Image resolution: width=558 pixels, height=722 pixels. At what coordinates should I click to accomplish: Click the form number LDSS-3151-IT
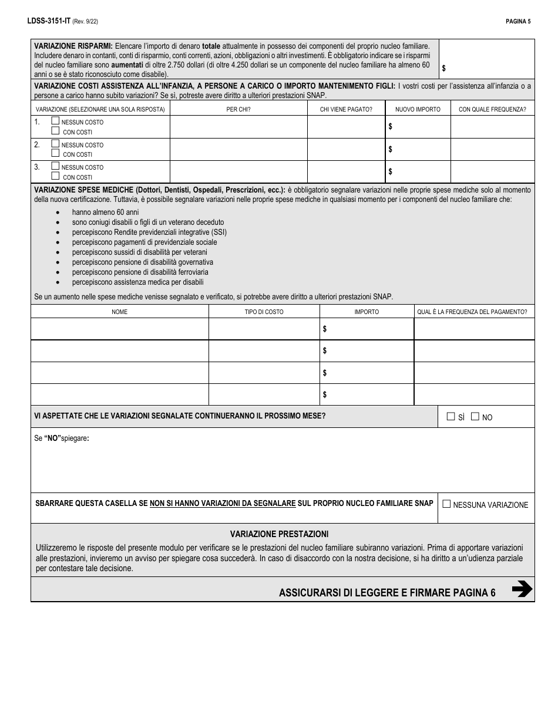click(48, 21)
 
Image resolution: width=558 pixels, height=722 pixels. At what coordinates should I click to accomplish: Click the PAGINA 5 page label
click(517, 21)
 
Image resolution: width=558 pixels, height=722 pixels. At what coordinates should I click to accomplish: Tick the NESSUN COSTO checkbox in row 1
click(55, 121)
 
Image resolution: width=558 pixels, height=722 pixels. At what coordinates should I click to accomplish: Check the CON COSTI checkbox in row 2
click(55, 153)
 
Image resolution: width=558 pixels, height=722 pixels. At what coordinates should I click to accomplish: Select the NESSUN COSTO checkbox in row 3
click(55, 166)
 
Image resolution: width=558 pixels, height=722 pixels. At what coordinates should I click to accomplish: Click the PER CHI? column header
click(238, 109)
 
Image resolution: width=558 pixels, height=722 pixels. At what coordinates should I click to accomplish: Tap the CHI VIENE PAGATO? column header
click(346, 109)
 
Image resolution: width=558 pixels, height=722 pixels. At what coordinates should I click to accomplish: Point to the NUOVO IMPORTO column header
click(418, 109)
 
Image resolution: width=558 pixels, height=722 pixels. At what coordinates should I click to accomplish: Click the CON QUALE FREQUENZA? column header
click(492, 109)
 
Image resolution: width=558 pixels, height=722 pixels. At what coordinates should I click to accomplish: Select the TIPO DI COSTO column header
click(264, 312)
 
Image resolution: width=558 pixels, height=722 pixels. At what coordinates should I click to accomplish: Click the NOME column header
click(119, 312)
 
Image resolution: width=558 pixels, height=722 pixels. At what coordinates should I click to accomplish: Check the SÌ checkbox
click(451, 417)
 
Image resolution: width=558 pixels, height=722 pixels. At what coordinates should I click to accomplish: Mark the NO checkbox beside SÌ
click(475, 417)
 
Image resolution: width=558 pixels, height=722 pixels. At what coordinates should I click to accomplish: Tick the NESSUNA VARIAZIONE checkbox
click(446, 504)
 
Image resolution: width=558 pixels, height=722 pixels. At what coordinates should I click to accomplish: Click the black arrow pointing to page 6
click(522, 589)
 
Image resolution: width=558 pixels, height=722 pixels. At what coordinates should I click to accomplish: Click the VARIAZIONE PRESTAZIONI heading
click(279, 534)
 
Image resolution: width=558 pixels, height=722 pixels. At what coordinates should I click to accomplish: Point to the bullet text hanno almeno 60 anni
click(105, 212)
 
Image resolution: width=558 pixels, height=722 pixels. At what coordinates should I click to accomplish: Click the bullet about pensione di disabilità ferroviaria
click(140, 272)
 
